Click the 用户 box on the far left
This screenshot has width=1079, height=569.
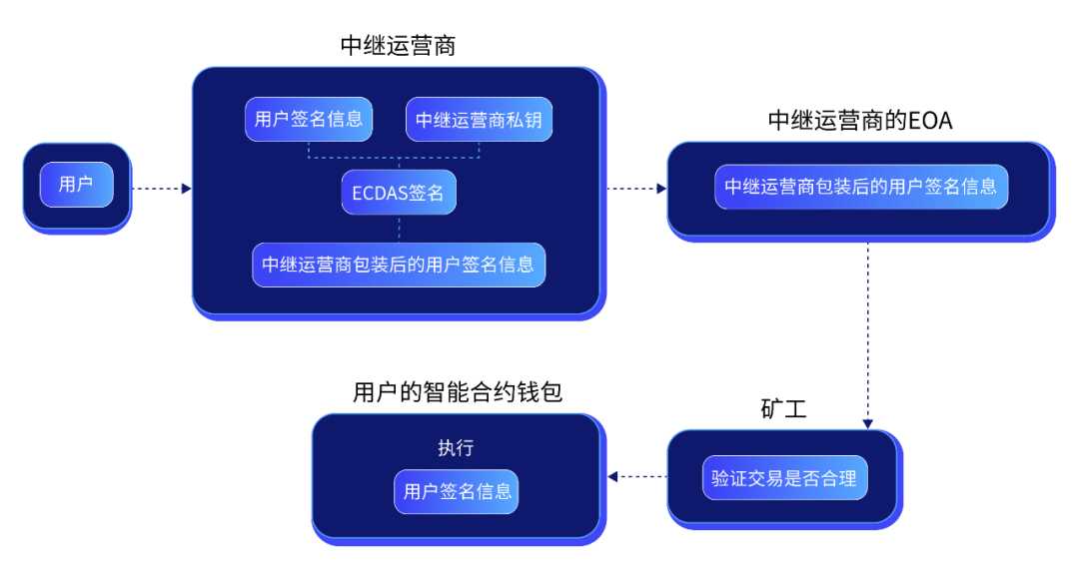click(x=77, y=185)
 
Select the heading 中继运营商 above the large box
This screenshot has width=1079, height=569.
click(x=398, y=47)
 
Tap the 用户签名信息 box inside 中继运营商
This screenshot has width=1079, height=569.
click(x=309, y=120)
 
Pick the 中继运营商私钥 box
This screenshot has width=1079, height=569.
click(x=479, y=120)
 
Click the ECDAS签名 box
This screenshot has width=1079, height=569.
click(x=398, y=194)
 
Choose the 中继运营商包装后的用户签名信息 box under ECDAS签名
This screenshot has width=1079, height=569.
click(x=398, y=265)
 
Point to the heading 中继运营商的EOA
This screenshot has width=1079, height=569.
click(x=860, y=121)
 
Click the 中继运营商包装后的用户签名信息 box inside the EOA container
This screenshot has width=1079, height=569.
click(x=860, y=187)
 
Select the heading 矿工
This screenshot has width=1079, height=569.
click(x=783, y=409)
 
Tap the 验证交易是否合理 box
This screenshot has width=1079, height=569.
click(x=783, y=477)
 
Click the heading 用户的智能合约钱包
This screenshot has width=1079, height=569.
click(x=458, y=392)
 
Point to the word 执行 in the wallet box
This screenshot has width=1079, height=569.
click(x=455, y=447)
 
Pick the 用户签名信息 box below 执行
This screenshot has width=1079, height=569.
click(x=457, y=491)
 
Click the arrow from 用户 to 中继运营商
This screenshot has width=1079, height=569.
click(x=160, y=187)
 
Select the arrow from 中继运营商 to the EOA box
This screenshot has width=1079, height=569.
click(x=637, y=187)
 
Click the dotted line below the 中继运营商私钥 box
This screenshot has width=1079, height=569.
click(x=480, y=151)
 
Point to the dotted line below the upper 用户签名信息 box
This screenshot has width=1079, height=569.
click(x=309, y=151)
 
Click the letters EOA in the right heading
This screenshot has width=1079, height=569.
click(x=930, y=121)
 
